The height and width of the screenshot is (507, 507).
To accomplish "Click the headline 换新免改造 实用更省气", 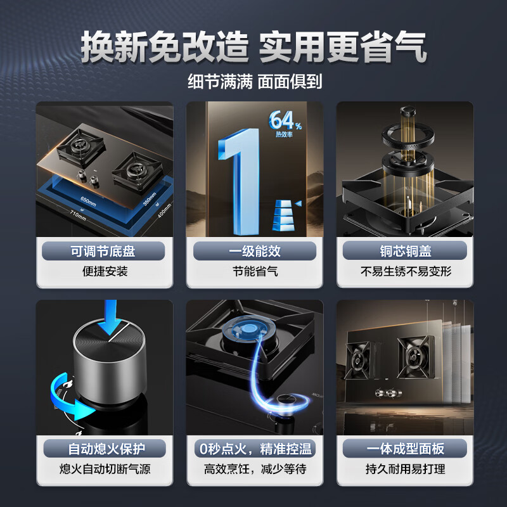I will tap(253, 47).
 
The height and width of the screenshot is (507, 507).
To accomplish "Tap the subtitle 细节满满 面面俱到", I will tap(253, 82).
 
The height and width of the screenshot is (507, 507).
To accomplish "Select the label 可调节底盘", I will tap(103, 251).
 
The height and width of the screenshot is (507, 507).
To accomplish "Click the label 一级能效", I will tap(254, 251).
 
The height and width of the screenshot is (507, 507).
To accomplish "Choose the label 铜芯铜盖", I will tap(404, 251).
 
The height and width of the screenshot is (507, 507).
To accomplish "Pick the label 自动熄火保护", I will tap(103, 449).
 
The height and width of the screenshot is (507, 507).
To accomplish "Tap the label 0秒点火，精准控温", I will tap(254, 449).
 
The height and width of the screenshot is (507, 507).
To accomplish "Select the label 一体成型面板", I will tap(404, 449).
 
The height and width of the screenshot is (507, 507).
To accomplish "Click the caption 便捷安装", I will tap(103, 272).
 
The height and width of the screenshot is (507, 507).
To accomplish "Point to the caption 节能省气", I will tap(254, 272).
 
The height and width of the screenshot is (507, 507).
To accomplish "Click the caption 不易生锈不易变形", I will tap(404, 272).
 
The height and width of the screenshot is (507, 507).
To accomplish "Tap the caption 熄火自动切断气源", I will tap(103, 470).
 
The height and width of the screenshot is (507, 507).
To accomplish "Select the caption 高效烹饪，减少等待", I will tap(254, 470).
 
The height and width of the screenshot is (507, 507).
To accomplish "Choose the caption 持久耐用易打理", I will tap(404, 470).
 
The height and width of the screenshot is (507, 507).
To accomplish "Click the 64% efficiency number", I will tap(283, 120).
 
